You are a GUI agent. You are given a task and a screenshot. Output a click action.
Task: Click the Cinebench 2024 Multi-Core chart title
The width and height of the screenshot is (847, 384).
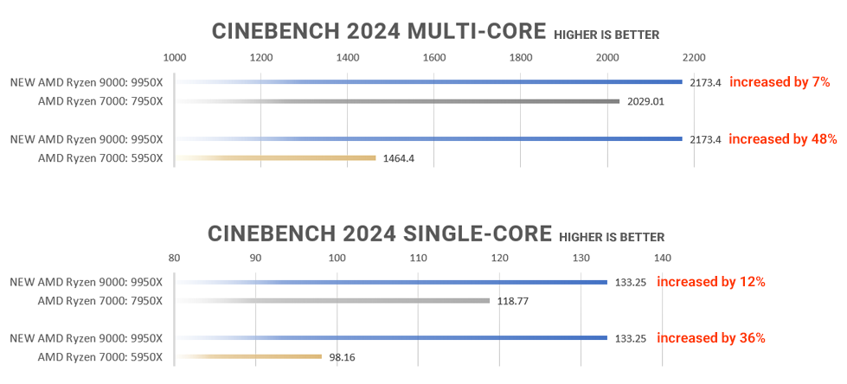point(379,32)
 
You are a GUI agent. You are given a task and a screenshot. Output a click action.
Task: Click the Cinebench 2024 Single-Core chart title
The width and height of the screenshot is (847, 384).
point(379,234)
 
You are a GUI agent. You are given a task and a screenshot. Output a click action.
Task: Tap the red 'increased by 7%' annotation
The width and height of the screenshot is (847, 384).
point(780,82)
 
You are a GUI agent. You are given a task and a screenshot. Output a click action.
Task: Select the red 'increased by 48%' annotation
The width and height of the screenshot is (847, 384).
point(782,138)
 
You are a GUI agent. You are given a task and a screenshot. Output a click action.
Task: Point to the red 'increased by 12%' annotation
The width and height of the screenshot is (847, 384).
point(711,281)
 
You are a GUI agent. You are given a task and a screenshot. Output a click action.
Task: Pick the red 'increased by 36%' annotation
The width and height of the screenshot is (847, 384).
point(711,337)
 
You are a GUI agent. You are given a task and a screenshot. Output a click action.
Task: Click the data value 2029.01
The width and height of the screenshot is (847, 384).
point(645,101)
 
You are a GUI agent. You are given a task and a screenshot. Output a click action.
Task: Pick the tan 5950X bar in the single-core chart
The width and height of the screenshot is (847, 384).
point(251,356)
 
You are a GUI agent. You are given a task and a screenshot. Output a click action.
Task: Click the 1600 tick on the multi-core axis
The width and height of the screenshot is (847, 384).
point(434,57)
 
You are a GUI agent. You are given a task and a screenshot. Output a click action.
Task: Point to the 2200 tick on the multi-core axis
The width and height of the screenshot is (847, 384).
point(694,57)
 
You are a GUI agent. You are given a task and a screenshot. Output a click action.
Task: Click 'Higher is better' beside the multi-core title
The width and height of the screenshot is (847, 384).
point(606,35)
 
